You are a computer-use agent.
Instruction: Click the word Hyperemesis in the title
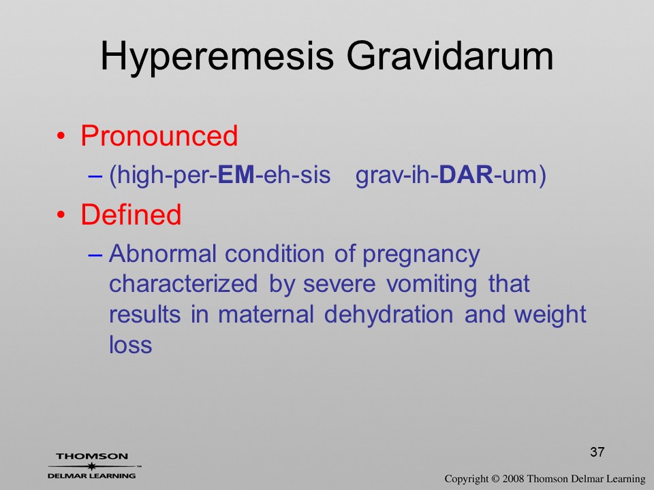217,57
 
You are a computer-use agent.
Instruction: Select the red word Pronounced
159,135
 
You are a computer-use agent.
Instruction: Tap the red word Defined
131,214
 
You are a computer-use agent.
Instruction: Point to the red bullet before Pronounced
61,136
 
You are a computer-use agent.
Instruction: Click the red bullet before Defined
61,215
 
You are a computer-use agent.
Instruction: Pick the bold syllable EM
236,175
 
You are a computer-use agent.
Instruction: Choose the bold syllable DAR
466,175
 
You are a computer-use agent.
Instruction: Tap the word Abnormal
163,253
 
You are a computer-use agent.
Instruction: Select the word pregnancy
421,255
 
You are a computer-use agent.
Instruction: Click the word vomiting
431,285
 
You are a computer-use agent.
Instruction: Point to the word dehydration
388,315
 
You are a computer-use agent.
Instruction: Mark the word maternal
265,314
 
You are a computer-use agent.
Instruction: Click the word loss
131,344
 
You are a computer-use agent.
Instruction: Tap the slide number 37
597,452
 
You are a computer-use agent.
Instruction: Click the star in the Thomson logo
91,466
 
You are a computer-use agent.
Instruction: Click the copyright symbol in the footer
495,479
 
